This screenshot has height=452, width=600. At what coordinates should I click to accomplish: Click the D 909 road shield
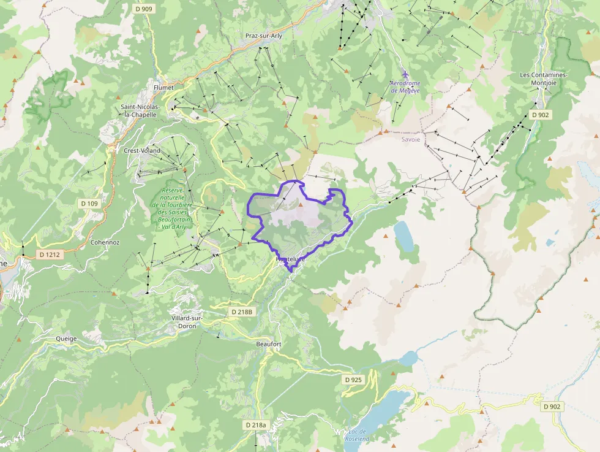143,9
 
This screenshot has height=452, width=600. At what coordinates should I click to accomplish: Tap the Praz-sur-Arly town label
263,36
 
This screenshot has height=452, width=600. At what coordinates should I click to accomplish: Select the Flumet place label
163,88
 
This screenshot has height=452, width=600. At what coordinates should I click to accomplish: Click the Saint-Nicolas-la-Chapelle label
141,110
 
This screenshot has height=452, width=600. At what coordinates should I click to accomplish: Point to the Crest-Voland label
142,150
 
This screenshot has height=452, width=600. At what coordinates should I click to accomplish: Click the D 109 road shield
89,203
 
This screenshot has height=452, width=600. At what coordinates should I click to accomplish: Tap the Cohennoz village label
105,242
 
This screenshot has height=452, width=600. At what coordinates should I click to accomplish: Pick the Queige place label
66,338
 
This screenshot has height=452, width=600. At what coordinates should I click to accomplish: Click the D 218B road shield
242,312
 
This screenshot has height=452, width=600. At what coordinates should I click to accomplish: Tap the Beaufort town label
268,345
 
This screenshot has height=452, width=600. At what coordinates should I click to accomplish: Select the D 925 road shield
353,380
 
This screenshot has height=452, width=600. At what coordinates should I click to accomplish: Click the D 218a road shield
256,425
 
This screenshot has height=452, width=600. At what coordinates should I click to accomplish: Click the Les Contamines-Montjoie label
544,79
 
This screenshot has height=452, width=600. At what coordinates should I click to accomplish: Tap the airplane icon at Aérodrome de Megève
405,75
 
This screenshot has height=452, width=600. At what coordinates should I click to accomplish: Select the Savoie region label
411,139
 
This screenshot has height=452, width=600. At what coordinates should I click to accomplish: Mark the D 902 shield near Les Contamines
541,115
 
